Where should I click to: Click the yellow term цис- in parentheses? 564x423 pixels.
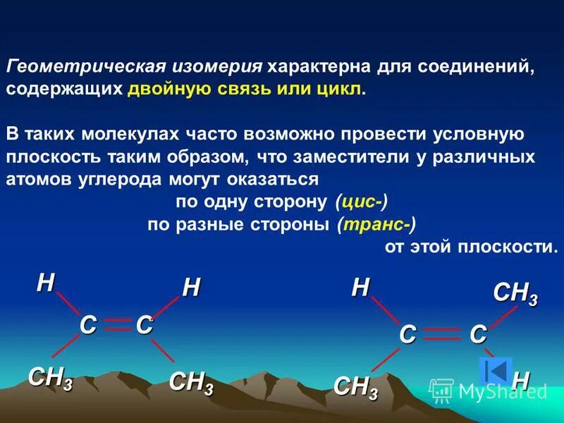coord(361,202)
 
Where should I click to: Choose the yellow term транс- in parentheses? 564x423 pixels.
coord(376,224)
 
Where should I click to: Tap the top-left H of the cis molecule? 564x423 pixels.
coord(46,283)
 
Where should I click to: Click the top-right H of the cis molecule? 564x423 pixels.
coord(191,288)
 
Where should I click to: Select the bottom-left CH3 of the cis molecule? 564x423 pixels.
coord(49,378)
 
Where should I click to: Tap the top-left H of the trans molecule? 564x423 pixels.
coord(360,288)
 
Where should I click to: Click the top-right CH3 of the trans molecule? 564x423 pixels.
coord(515,293)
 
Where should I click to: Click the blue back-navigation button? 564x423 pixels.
coord(495,372)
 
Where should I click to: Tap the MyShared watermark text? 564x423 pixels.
coord(493,391)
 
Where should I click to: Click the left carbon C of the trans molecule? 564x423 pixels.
coord(407,334)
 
